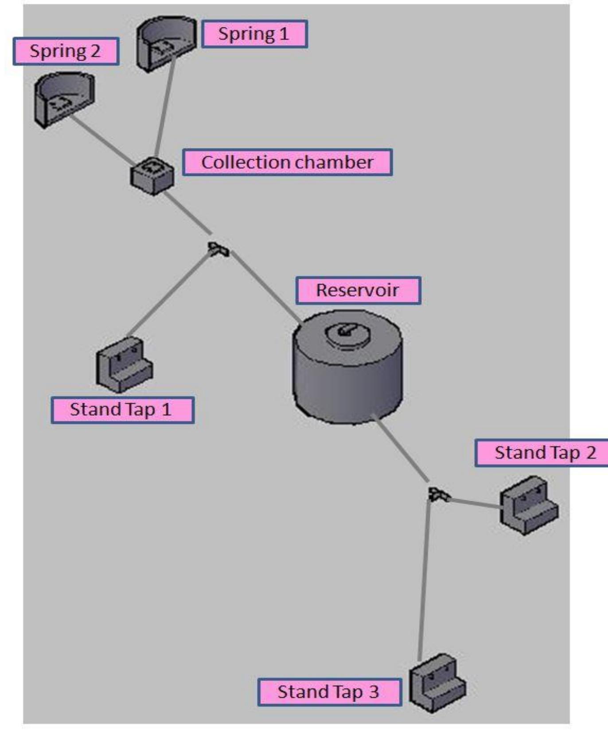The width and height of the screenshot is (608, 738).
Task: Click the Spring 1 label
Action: coord(254,34)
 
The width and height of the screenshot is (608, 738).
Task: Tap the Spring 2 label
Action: coord(66,51)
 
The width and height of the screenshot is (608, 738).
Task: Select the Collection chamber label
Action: coord(287,162)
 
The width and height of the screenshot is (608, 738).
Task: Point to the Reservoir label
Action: coord(358,290)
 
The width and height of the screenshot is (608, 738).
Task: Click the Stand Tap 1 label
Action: coord(122,410)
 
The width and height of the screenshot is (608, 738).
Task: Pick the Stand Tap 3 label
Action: coord(329,692)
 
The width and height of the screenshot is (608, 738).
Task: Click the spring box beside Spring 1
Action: coord(166,43)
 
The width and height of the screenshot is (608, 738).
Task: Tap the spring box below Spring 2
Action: coord(64,100)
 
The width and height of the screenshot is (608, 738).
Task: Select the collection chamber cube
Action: coord(152,176)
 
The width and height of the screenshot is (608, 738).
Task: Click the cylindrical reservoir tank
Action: coord(347,367)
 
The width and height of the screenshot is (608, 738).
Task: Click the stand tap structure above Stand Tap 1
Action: coord(125,364)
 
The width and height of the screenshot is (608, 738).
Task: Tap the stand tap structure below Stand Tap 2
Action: coord(529,506)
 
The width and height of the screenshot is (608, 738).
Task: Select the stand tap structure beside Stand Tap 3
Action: coord(437,683)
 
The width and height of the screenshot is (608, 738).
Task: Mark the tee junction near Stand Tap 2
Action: coord(439,494)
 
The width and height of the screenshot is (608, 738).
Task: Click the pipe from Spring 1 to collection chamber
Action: coord(164,106)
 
